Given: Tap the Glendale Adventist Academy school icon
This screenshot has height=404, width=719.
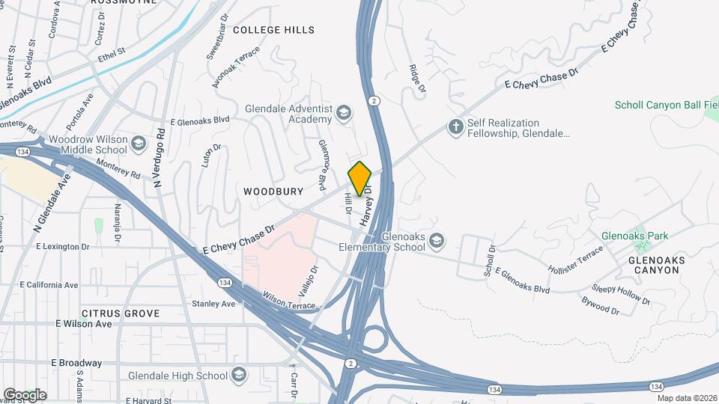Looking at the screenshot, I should pyautogui.click(x=344, y=114).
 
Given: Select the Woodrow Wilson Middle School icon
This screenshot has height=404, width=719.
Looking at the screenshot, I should pyautogui.click(x=139, y=142).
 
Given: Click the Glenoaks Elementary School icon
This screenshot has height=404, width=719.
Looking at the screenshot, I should pyautogui.click(x=437, y=241).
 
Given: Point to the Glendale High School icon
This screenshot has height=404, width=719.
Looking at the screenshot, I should pyautogui.click(x=238, y=375).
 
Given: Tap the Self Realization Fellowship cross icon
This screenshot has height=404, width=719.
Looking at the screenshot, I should pyautogui.click(x=455, y=126).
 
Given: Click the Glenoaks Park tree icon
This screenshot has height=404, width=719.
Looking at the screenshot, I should pyautogui.click(x=639, y=236).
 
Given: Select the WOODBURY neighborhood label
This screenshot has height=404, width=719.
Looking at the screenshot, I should pyautogui.click(x=273, y=192).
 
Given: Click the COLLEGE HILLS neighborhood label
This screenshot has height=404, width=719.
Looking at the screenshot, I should pyautogui.click(x=273, y=30).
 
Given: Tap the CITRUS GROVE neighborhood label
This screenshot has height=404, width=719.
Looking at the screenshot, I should pyautogui.click(x=121, y=312).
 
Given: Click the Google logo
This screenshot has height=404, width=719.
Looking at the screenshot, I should pyautogui.click(x=25, y=394).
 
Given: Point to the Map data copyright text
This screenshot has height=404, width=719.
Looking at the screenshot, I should pyautogui.click(x=687, y=398).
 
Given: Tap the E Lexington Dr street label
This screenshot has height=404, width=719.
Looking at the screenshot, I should pyautogui.click(x=64, y=245).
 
